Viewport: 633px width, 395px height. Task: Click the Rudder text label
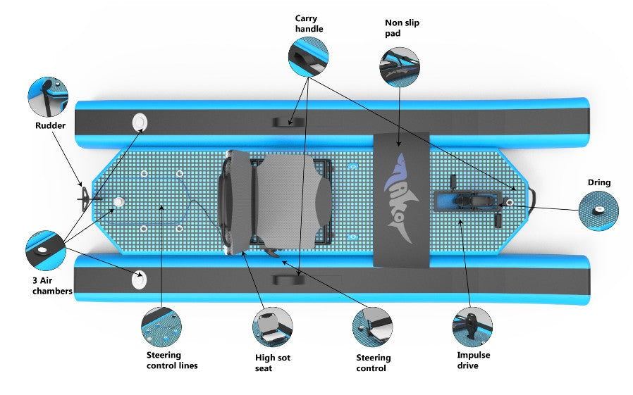[51, 127]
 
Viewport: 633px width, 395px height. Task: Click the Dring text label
[598, 182]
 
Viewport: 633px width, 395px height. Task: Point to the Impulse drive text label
[473, 360]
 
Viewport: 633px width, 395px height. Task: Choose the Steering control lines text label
[172, 360]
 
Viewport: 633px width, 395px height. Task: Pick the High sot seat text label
[273, 363]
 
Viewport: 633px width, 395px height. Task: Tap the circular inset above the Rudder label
[48, 97]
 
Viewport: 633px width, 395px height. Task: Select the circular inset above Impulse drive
[472, 326]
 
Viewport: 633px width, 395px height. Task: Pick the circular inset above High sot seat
[273, 327]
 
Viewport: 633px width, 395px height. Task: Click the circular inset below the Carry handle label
[308, 53]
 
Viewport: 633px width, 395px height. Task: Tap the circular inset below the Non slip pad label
[399, 67]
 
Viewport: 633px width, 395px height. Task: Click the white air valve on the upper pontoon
[140, 123]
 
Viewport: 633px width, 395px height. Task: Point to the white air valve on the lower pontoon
[140, 280]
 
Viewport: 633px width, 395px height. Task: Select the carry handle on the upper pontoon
[288, 121]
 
